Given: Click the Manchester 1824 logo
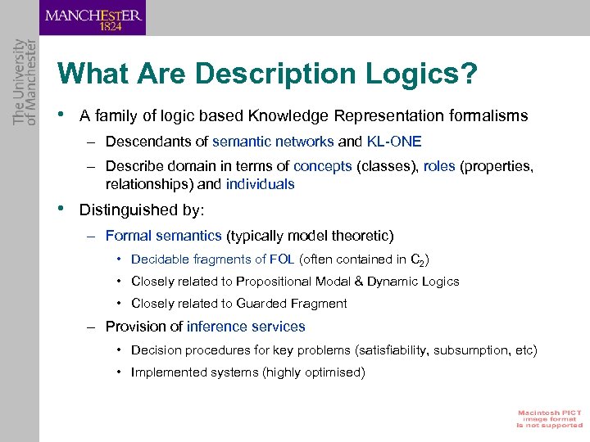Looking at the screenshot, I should [x=93, y=17].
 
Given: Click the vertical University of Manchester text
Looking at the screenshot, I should [x=25, y=82].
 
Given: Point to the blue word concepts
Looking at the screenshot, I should [x=322, y=167].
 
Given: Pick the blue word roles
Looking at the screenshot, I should [x=440, y=167].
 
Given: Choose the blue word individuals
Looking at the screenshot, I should [x=260, y=184].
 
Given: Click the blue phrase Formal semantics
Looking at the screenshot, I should [x=163, y=236].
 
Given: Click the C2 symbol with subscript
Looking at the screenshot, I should [x=417, y=260].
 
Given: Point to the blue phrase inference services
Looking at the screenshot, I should [x=246, y=327].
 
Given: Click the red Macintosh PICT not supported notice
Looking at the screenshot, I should [x=549, y=418].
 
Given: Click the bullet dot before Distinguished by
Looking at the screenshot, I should [x=62, y=208].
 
